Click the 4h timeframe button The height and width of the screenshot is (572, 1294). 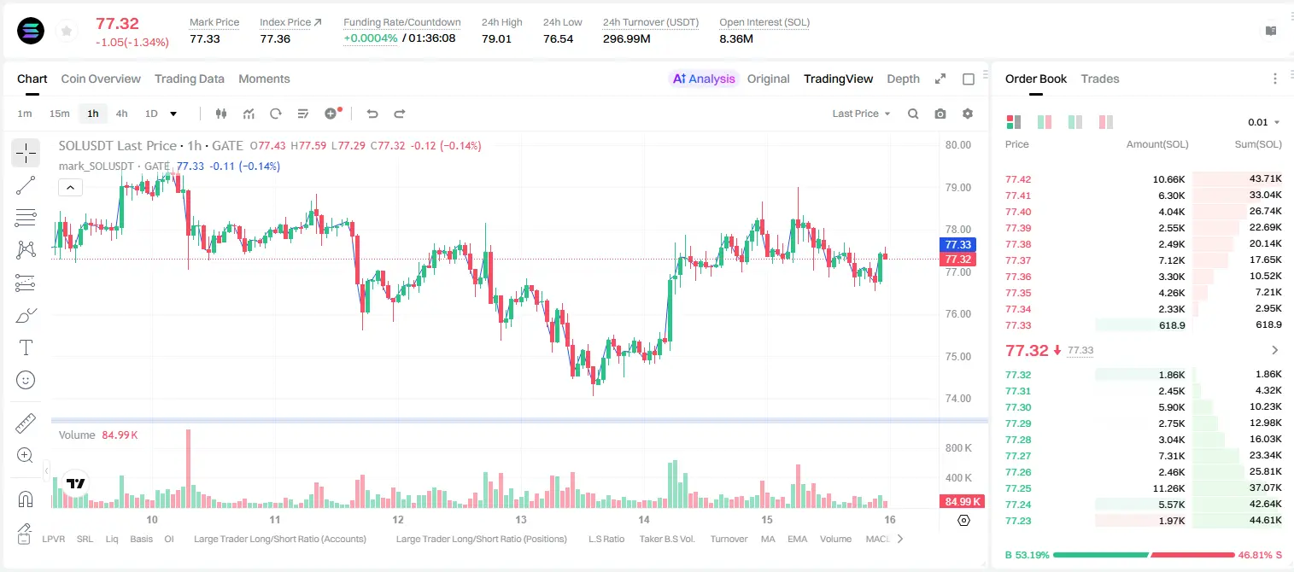(x=121, y=114)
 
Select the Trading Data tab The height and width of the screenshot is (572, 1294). (x=189, y=79)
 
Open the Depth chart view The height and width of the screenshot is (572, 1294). (x=903, y=79)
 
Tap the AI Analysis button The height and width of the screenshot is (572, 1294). (x=704, y=79)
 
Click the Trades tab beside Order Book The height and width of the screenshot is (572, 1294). (x=1100, y=79)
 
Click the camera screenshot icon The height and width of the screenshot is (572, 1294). (x=940, y=114)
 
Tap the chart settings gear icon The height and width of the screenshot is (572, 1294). (x=968, y=114)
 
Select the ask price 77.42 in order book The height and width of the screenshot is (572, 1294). (x=1018, y=179)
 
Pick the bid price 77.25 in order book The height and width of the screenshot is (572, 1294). (x=1018, y=488)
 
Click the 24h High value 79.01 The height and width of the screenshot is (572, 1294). (x=496, y=38)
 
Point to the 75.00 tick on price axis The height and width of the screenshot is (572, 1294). (x=957, y=356)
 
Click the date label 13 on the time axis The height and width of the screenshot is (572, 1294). (x=521, y=519)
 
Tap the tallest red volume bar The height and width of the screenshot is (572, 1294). (x=188, y=469)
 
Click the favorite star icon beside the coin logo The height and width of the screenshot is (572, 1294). (x=67, y=32)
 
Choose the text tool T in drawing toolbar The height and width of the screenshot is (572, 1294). (x=26, y=347)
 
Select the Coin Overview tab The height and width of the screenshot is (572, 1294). (x=101, y=79)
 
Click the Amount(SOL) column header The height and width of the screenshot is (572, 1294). (x=1157, y=144)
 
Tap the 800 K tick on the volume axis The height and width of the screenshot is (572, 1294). (x=958, y=448)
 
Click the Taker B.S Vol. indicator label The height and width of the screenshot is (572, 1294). (x=666, y=539)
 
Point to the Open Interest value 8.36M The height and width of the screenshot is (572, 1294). (x=736, y=38)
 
